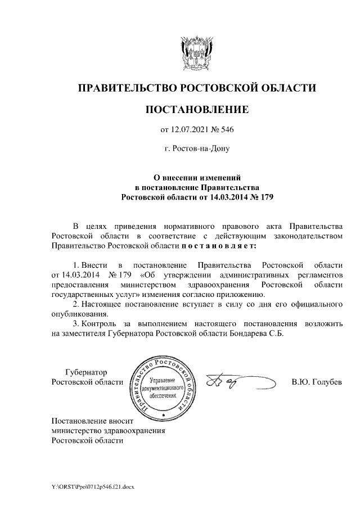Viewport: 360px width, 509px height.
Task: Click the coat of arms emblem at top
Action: click(196, 52)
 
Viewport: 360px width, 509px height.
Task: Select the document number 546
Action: click(226, 131)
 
